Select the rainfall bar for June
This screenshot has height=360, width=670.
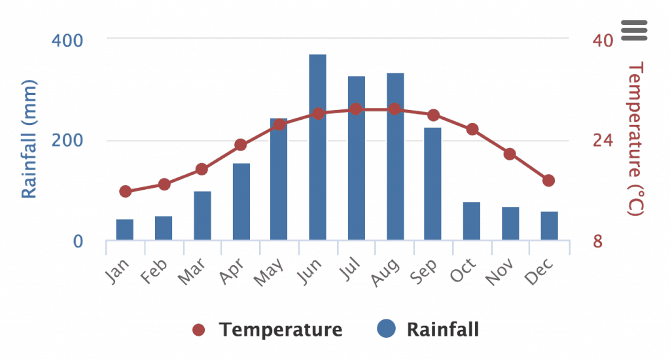[x=317, y=147]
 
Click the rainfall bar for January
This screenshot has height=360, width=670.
[x=125, y=230]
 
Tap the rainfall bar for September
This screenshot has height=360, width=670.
[x=432, y=184]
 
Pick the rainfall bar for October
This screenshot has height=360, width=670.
[x=472, y=221]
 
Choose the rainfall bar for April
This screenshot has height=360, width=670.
[x=241, y=202]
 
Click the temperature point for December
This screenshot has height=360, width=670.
[x=548, y=181]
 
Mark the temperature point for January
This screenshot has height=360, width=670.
[x=126, y=192]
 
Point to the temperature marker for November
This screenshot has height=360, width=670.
[x=510, y=154]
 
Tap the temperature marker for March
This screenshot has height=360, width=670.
[x=202, y=170]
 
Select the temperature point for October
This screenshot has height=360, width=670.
[x=472, y=130]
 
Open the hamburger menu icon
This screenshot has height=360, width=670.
[x=634, y=30]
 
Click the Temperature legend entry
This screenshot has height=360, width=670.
[x=268, y=329]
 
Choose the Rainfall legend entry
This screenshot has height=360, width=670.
[x=429, y=329]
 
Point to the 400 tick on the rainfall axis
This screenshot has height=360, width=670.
[x=67, y=40]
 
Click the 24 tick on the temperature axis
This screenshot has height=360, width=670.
[x=603, y=141]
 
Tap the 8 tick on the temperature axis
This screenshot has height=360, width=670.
[x=597, y=242]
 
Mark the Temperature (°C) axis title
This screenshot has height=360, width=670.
[x=635, y=138]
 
